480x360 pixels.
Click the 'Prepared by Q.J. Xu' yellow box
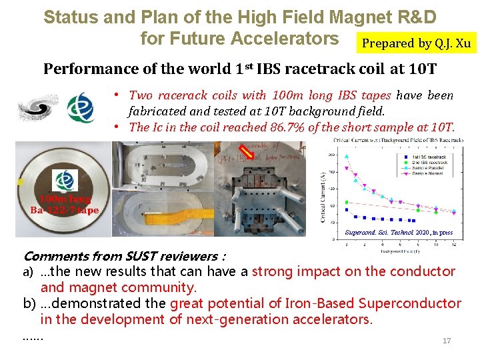pos(416,43)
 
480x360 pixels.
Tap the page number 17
pos(447,341)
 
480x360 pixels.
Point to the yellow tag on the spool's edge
pos(21,182)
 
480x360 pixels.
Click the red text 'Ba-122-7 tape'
pos(64,210)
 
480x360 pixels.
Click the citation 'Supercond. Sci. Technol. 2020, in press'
pos(399,233)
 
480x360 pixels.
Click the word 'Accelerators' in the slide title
pos(284,39)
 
